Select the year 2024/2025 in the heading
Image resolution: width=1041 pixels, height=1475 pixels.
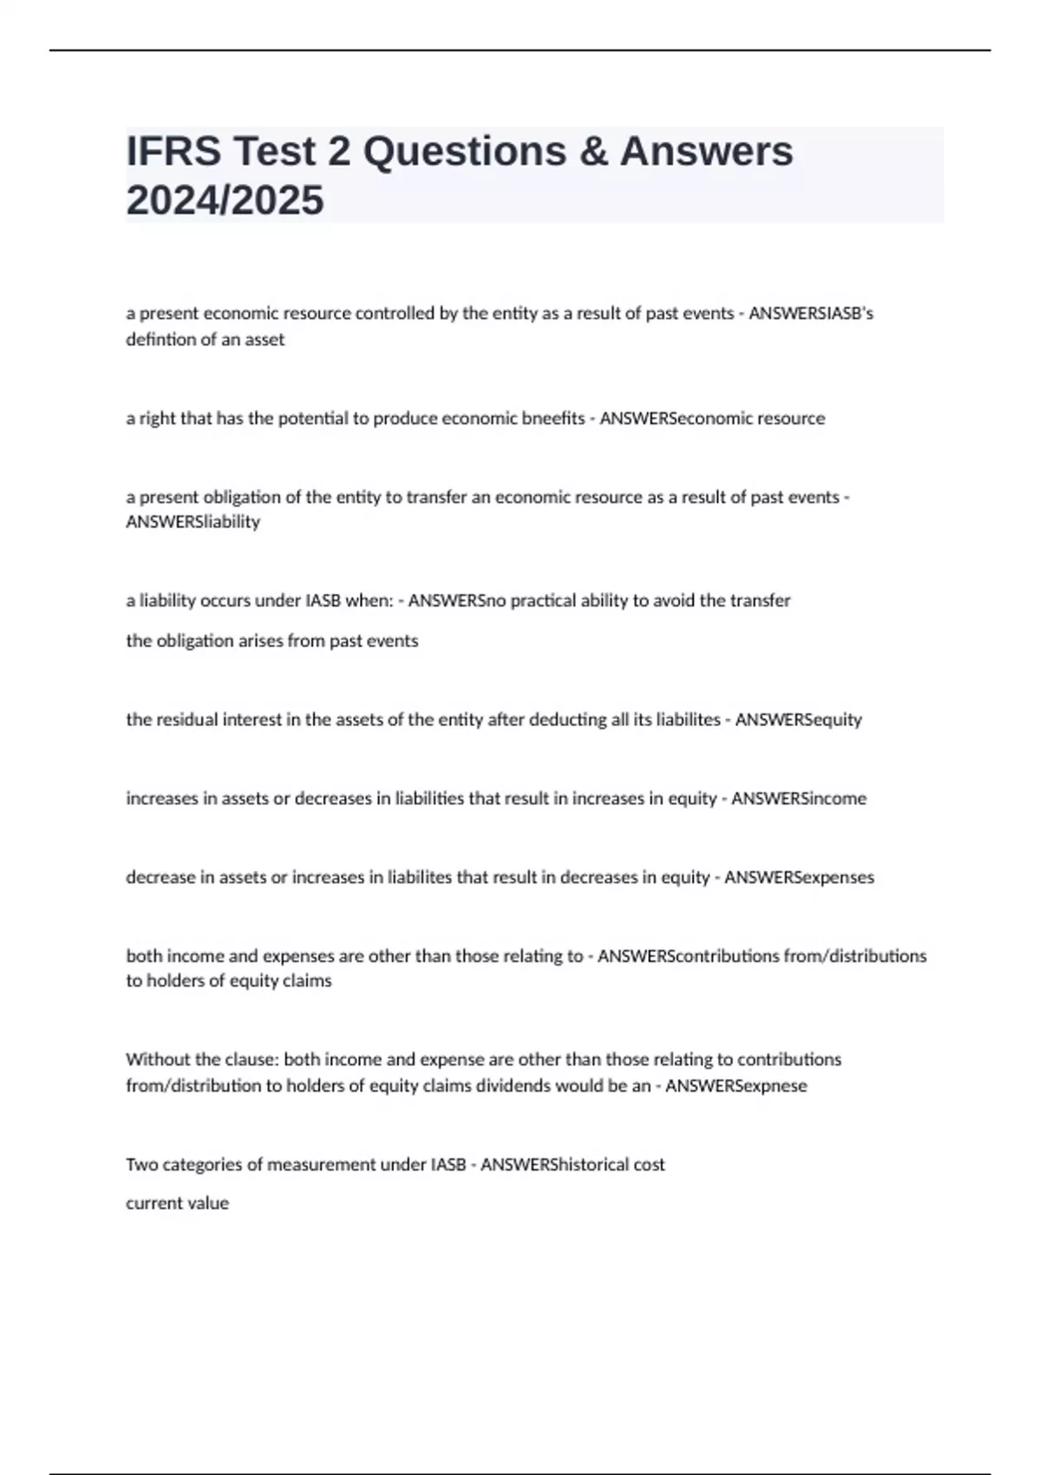(225, 200)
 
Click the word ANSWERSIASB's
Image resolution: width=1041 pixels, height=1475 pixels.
(810, 313)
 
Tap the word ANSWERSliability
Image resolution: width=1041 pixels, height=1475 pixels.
(193, 521)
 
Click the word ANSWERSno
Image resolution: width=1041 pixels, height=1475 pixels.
(457, 600)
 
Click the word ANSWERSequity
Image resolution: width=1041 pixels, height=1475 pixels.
(798, 719)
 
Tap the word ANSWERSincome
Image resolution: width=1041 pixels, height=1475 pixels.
(798, 798)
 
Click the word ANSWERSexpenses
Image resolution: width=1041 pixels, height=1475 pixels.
(799, 877)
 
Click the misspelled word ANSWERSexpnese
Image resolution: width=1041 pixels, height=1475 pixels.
(736, 1085)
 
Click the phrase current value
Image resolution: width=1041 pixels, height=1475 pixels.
(177, 1203)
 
